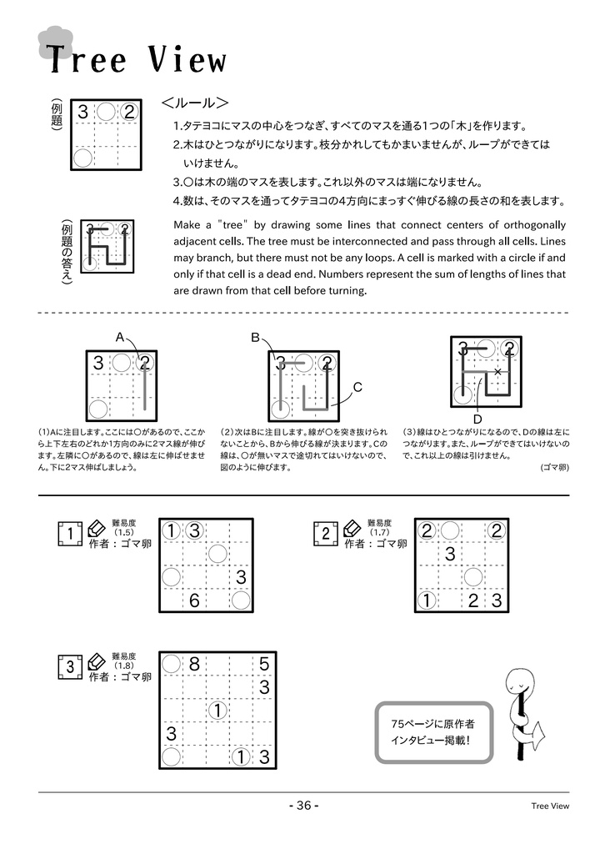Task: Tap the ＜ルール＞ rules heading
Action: tap(195, 104)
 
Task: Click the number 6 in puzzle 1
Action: tap(194, 600)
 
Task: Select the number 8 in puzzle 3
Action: tap(194, 665)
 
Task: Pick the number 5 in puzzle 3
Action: tap(264, 665)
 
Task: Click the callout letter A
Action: tap(120, 337)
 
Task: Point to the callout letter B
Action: tap(256, 337)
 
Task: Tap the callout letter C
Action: tap(357, 387)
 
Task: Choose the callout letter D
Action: tap(477, 418)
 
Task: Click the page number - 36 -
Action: tap(302, 806)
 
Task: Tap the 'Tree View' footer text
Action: tap(550, 806)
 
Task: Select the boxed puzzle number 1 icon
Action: tap(71, 533)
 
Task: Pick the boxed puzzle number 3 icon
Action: tap(71, 667)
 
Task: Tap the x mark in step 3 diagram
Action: tap(497, 371)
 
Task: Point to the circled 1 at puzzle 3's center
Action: tap(217, 711)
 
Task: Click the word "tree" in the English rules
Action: tap(231, 225)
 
